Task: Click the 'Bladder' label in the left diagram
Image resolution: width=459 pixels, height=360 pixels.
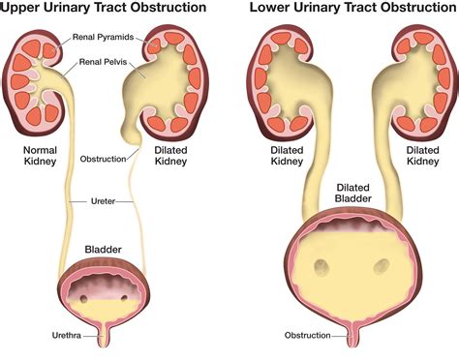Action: (x=104, y=250)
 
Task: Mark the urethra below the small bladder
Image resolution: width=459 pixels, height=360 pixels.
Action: (x=105, y=339)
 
